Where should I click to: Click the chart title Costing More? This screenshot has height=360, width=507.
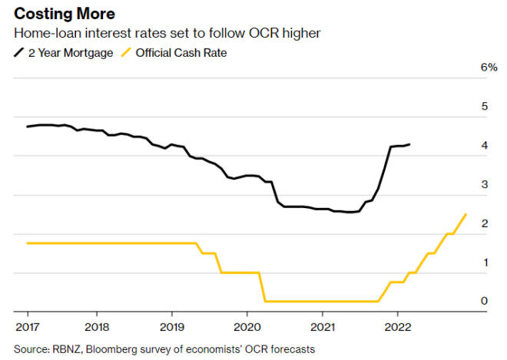tap(65, 15)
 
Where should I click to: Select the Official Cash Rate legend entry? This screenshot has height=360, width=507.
tap(181, 52)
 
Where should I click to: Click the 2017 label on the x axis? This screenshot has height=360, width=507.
tap(27, 325)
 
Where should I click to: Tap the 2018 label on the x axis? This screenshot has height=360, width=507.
tap(97, 325)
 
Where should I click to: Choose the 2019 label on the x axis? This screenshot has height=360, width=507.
tap(171, 325)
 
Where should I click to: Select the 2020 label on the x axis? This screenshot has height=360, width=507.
tap(247, 325)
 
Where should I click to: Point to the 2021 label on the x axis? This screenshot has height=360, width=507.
tap(322, 325)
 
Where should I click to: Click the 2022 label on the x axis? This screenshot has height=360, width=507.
tap(397, 325)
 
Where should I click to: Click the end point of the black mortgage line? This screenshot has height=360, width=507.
tap(409, 144)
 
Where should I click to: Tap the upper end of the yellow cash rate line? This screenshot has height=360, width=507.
tap(466, 214)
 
